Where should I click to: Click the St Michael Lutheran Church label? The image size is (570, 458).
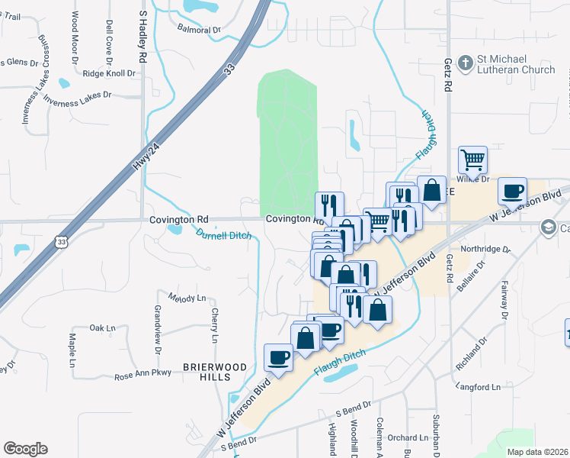[516, 65]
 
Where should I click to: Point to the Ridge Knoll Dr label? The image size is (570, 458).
[109, 73]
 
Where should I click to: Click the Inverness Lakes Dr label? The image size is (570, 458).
[78, 97]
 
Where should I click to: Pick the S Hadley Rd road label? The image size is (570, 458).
[142, 40]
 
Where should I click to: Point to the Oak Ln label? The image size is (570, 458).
[101, 327]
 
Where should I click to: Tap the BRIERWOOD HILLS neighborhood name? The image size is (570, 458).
[216, 373]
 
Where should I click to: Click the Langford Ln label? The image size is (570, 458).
[478, 387]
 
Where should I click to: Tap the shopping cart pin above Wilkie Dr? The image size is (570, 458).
[472, 160]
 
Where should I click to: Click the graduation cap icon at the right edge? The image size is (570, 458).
[548, 227]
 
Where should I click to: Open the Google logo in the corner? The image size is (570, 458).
[25, 449]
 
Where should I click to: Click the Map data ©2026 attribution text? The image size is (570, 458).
[538, 452]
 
